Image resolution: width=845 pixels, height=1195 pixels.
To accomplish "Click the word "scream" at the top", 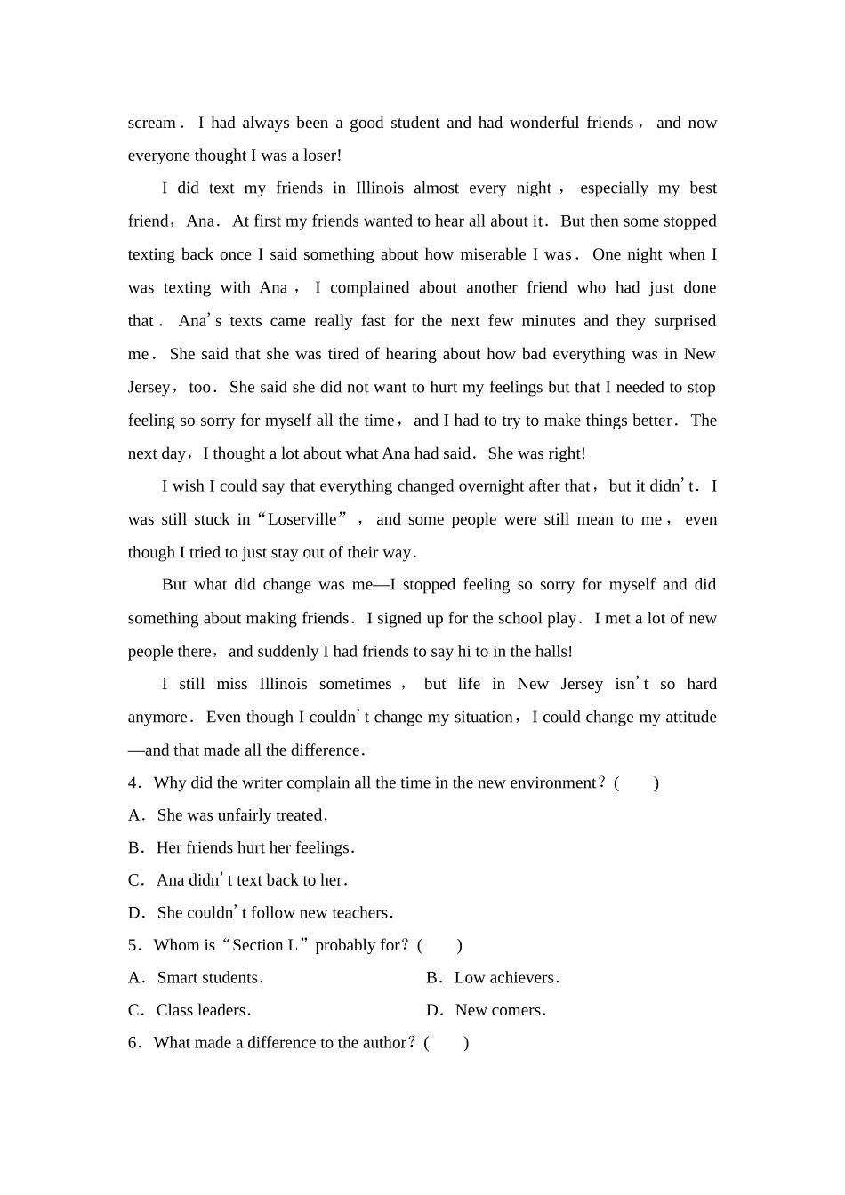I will click(151, 123).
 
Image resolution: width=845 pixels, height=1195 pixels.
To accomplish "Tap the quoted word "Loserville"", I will click(302, 519).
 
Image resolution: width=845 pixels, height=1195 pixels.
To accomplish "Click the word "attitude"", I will click(685, 717).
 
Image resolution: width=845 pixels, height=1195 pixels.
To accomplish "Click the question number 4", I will click(133, 782).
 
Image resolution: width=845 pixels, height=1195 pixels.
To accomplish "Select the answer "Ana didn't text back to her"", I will click(249, 880).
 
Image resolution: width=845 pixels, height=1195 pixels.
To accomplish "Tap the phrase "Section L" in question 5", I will click(264, 945).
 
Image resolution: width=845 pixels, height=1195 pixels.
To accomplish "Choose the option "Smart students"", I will click(207, 977).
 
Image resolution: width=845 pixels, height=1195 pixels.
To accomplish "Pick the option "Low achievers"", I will click(504, 977).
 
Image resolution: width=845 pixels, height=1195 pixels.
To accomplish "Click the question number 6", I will click(133, 1042).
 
